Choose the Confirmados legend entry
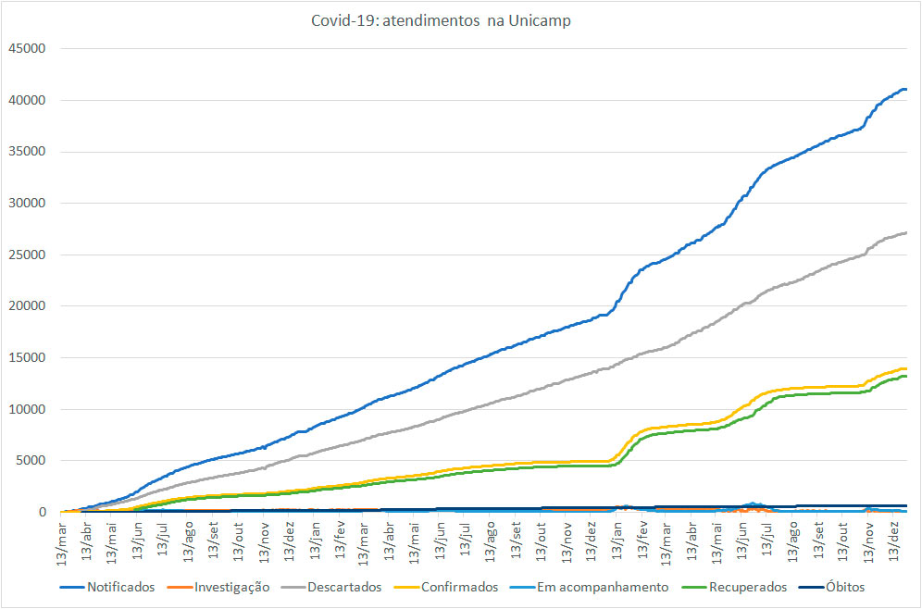460,587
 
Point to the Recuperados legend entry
747,587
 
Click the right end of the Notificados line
905,90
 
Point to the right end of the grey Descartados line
905,232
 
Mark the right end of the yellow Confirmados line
905,369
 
